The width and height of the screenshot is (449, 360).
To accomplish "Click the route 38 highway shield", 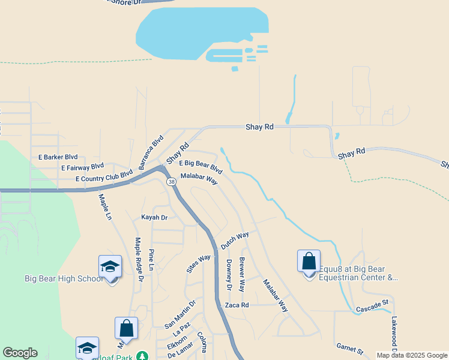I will (x=172, y=181).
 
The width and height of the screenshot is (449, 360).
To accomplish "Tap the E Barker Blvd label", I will (x=58, y=157).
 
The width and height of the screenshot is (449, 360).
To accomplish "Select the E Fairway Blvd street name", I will (x=82, y=167).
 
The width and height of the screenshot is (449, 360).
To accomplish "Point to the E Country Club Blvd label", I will (x=104, y=176).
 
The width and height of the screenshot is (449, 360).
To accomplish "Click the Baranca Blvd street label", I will (x=151, y=152).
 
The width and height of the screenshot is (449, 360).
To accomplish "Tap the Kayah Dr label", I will (x=154, y=217).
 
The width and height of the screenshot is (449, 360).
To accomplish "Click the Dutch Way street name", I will (x=235, y=241).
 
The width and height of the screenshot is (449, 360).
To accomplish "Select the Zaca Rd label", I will (x=237, y=305).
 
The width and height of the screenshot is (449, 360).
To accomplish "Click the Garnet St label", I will (x=350, y=348).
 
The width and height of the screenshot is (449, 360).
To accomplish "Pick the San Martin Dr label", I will (x=181, y=314).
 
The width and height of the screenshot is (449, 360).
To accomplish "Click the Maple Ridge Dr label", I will (x=139, y=260).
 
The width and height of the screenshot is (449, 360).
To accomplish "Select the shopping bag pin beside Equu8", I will (x=309, y=262).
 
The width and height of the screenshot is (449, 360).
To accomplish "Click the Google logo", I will (x=20, y=353).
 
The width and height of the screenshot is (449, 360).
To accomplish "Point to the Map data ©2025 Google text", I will (x=412, y=355).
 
